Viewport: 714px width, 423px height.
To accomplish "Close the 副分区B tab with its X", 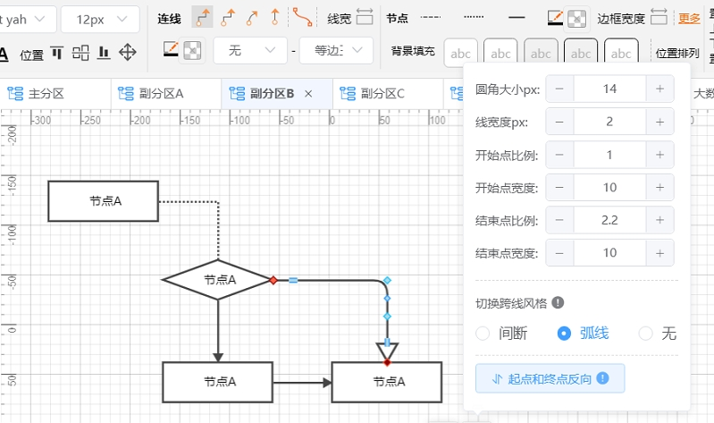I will point(308,93).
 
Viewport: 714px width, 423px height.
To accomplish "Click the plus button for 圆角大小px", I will point(659,89).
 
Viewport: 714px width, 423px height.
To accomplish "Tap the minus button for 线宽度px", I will point(559,122).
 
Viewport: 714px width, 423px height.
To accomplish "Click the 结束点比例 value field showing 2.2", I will point(609,220).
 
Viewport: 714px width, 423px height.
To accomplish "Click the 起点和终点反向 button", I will point(550,378).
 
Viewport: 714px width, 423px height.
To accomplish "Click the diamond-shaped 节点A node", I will point(219,280).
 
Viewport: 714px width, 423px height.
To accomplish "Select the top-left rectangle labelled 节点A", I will point(103,201).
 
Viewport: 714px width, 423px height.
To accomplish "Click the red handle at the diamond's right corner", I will point(273,280).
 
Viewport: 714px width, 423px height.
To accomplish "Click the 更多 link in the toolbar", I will point(689,17).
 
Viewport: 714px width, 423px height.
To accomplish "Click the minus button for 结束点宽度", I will point(559,253).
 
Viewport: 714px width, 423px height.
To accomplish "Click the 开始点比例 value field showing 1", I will point(609,155).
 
